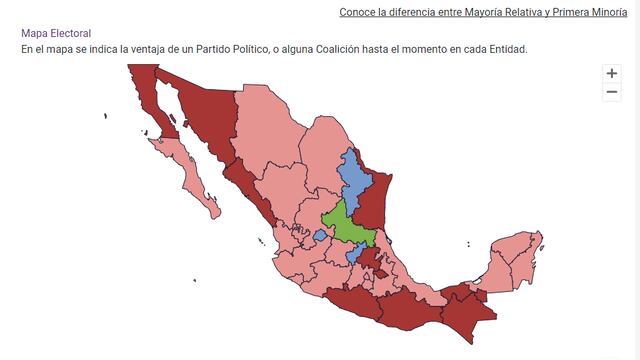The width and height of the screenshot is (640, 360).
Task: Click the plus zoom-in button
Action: pos(612,73)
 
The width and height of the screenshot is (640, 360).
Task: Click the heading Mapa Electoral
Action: pos(56,33)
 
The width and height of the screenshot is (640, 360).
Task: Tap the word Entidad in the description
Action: pos(502,49)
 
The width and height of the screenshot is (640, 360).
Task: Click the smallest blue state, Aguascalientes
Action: pos(319,235)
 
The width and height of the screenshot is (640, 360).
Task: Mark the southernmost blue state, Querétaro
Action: pos(353,255)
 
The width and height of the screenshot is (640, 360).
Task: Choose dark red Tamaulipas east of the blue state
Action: pos(373,200)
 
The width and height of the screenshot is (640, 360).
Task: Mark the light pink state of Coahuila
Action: pos(320,155)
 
